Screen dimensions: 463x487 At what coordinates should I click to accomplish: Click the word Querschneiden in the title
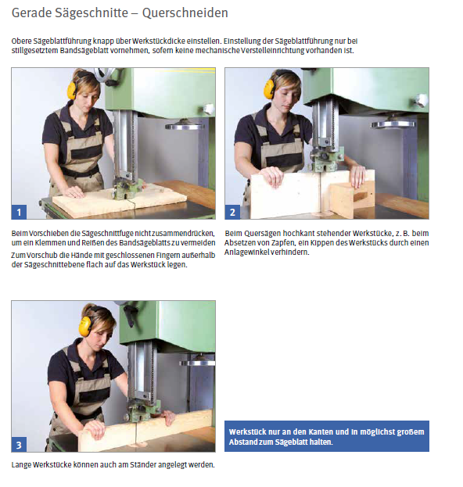[185, 13]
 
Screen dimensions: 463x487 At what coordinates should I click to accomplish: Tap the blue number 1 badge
[19, 212]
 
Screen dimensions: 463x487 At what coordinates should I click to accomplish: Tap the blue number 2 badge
[232, 212]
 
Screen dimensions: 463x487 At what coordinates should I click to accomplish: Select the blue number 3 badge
[19, 445]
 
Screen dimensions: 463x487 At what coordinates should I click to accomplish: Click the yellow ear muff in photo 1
[72, 90]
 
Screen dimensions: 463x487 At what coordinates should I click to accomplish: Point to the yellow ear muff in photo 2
[269, 88]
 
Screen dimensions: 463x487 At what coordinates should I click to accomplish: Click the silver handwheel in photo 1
[184, 126]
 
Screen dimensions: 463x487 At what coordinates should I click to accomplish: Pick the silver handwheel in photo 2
[393, 124]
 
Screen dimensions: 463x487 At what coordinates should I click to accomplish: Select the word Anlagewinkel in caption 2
[246, 252]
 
